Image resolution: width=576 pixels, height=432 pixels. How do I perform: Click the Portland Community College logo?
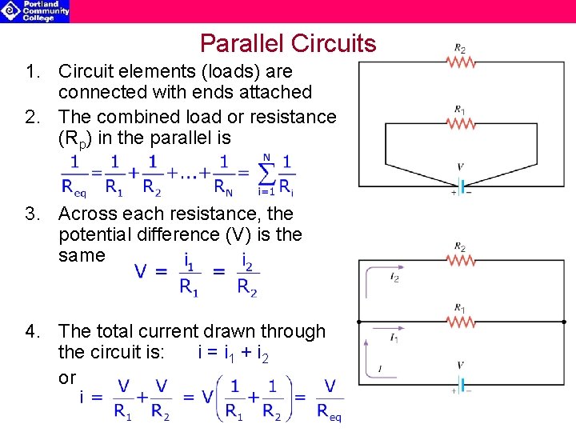(35, 10)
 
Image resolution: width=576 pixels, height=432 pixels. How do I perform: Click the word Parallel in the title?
(241, 43)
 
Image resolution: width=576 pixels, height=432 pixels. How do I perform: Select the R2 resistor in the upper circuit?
(462, 62)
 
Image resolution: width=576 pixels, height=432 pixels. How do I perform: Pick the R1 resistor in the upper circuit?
(462, 122)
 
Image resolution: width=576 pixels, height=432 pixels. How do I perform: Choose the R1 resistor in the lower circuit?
(462, 322)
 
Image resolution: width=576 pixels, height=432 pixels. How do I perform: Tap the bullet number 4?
(31, 331)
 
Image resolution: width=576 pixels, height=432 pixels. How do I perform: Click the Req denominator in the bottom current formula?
(329, 412)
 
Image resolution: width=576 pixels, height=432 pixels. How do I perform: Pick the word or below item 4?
(67, 378)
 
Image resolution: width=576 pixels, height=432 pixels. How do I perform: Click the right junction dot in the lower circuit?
(564, 321)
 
